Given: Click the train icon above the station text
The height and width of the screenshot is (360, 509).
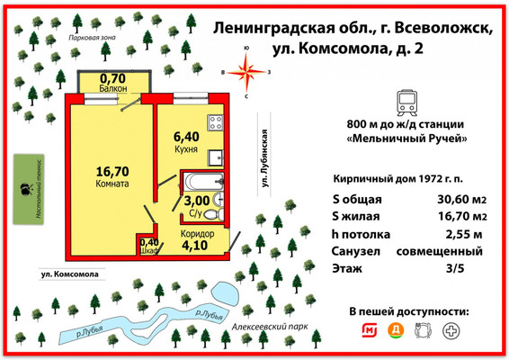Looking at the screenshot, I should [405, 99].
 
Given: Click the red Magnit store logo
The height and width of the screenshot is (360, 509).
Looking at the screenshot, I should [367, 330].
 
